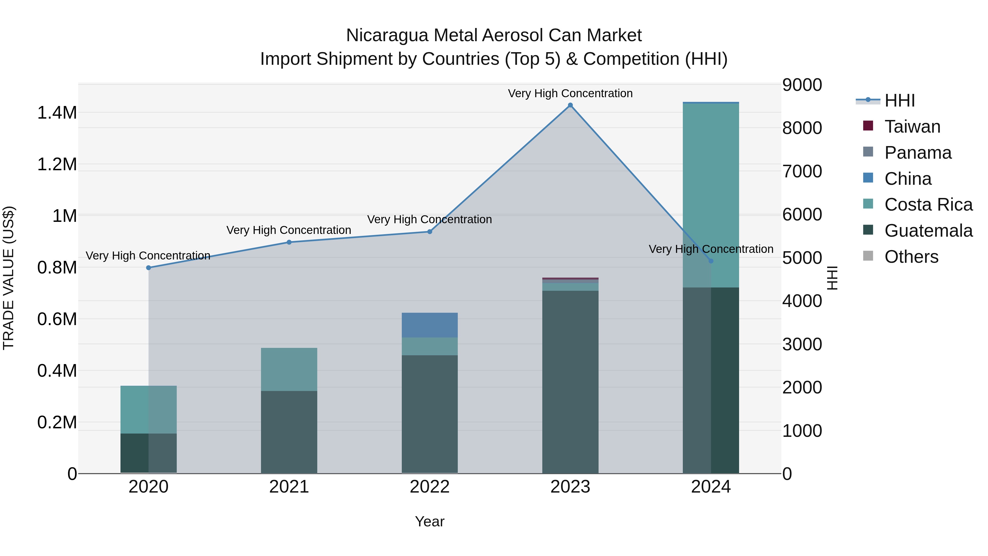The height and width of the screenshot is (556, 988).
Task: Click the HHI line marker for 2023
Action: click(x=570, y=105)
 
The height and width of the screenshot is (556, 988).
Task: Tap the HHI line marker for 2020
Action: click(x=149, y=267)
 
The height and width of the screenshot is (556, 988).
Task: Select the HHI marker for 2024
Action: click(x=711, y=261)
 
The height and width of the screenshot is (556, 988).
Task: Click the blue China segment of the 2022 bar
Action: click(x=430, y=325)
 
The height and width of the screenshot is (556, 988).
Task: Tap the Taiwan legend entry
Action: click(x=912, y=127)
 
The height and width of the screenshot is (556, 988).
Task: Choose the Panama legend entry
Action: click(x=917, y=153)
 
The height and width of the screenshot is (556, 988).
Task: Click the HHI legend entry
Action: click(x=899, y=100)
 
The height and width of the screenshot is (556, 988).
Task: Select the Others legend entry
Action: click(x=911, y=257)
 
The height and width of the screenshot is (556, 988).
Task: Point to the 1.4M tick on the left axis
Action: click(x=57, y=113)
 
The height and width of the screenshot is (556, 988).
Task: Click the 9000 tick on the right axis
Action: click(x=802, y=85)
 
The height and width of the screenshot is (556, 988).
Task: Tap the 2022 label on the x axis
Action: click(x=430, y=487)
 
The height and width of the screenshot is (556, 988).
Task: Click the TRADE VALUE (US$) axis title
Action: click(x=9, y=278)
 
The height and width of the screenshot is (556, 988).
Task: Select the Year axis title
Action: click(x=430, y=521)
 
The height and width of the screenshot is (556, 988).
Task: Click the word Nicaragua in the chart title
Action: click(x=387, y=35)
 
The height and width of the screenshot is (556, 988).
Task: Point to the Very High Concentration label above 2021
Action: click(x=289, y=230)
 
